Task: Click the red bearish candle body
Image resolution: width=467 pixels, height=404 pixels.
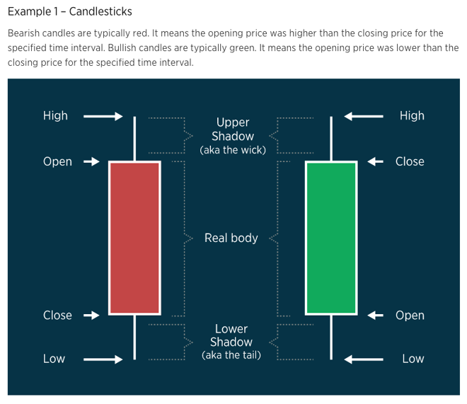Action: click(134, 238)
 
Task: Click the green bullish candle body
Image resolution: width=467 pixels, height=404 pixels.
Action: click(331, 238)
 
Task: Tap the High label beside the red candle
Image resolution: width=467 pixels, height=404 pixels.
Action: click(55, 116)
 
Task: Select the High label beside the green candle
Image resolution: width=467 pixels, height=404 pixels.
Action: click(412, 116)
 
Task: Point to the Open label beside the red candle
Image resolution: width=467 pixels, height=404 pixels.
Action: click(57, 161)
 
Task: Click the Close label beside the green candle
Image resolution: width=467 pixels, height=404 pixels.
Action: click(410, 161)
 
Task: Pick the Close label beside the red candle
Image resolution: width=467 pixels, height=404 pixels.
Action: click(57, 316)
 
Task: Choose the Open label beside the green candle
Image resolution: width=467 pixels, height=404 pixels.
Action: click(410, 316)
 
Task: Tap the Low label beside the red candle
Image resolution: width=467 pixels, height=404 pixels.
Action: click(54, 359)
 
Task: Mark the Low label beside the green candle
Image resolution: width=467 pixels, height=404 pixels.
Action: click(413, 359)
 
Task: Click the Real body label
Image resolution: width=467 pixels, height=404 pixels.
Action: click(231, 238)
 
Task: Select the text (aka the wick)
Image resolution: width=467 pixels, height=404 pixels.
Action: click(233, 150)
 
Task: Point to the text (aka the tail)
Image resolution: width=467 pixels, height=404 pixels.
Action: click(231, 355)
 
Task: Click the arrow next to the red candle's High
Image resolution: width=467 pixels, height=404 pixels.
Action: click(103, 117)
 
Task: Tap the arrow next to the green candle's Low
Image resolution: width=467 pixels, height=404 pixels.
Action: click(364, 359)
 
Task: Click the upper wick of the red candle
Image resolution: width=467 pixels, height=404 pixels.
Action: click(134, 139)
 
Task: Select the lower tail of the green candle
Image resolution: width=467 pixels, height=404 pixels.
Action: click(331, 337)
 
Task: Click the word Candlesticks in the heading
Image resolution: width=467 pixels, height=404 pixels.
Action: click(100, 11)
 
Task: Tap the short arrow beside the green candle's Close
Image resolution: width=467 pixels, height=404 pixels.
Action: click(375, 161)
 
